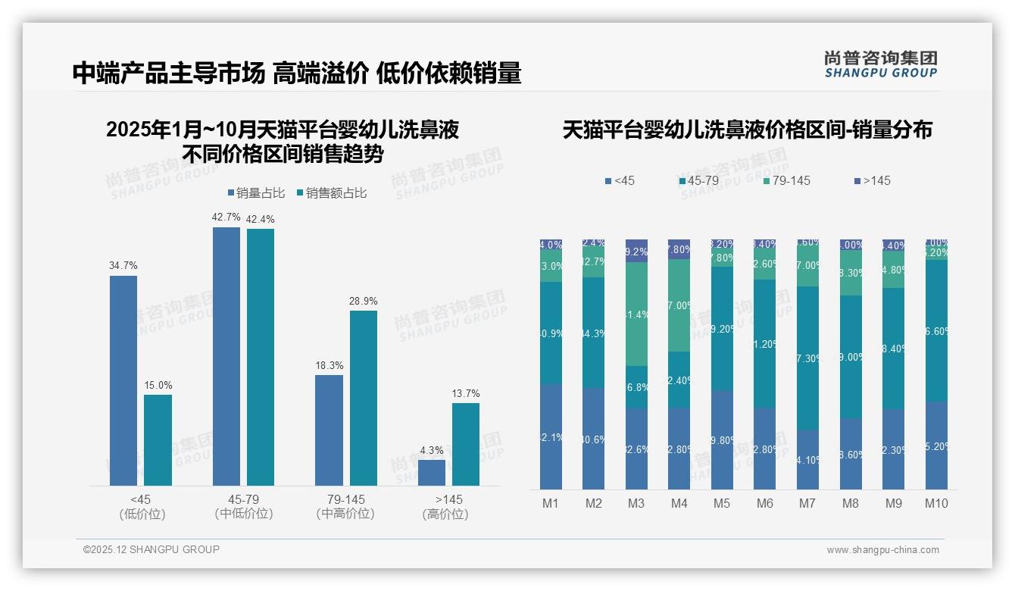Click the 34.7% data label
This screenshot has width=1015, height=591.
[123, 266]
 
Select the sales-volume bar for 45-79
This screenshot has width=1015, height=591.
[226, 356]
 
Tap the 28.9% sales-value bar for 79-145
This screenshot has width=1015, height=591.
[364, 398]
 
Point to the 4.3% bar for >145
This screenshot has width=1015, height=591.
[432, 472]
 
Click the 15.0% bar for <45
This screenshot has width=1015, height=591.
[158, 439]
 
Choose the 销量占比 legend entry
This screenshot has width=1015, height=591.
[256, 193]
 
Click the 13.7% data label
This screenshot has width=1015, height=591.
[466, 393]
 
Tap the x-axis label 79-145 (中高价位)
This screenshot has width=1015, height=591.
[345, 506]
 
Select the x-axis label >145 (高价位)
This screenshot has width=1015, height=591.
[448, 506]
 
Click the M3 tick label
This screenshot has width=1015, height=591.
[636, 503]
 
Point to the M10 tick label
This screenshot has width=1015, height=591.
[936, 503]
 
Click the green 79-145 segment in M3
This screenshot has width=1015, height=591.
[636, 314]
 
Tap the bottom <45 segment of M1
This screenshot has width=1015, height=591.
[551, 436]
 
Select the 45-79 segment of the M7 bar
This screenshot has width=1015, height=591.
[808, 358]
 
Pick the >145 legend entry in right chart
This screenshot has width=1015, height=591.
[873, 180]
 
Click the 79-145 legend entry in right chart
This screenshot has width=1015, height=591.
[787, 180]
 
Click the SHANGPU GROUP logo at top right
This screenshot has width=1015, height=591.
[881, 64]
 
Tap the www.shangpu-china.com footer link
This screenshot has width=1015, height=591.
[882, 550]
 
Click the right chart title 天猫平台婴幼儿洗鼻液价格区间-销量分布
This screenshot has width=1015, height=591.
[747, 130]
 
